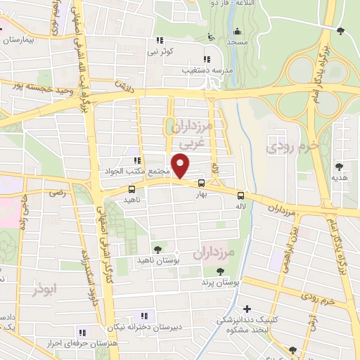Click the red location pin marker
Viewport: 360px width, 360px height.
(182, 167)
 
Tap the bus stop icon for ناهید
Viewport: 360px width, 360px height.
(132, 188)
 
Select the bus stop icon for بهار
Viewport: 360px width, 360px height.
(202, 184)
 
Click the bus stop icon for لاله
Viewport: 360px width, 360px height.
(241, 195)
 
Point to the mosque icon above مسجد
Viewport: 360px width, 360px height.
(238, 31)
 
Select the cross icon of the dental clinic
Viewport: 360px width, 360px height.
(247, 309)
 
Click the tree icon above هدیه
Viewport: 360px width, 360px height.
(340, 167)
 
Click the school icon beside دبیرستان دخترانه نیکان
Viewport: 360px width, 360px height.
(145, 316)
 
